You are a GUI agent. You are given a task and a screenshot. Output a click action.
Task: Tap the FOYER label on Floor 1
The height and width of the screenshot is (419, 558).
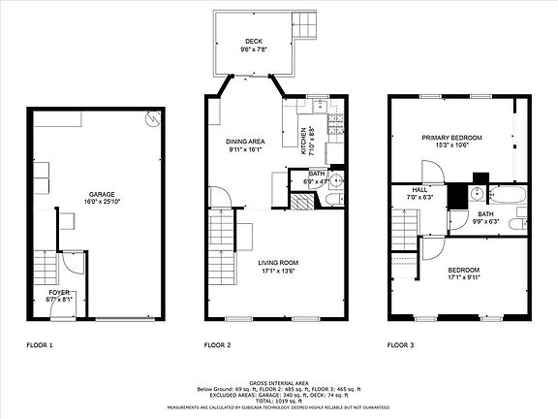click(x=60, y=291)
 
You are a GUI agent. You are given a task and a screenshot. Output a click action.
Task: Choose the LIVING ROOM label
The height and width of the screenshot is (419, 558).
click(x=277, y=263)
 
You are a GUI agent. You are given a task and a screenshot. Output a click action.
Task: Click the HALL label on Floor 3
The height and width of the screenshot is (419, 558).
click(x=419, y=189)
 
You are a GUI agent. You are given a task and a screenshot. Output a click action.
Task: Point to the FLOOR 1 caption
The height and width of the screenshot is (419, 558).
click(x=40, y=344)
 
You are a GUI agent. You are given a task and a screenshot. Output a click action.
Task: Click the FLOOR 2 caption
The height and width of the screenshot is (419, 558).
click(x=217, y=344)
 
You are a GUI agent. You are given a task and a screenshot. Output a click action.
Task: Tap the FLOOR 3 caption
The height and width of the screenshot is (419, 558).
click(x=401, y=344)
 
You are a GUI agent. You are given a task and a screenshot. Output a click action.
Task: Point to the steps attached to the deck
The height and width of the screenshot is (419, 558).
click(x=306, y=22)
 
